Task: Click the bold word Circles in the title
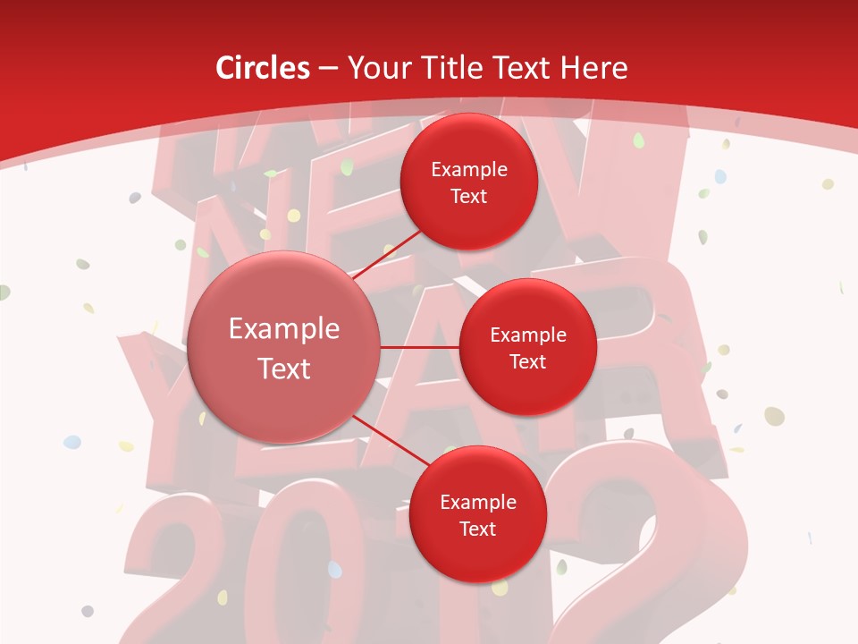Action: pos(263,68)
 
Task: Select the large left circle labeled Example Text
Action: pos(284,348)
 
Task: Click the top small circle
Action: pos(468,182)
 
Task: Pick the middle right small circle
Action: pos(527,347)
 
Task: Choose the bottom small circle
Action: pos(477,514)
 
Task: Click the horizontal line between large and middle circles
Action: pos(420,347)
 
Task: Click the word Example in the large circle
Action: pos(284,329)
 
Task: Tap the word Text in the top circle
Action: pos(468,196)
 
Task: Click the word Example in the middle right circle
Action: pos(527,335)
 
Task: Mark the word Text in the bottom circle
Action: pos(477,529)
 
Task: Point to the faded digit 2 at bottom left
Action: pos(174,572)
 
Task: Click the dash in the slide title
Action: pos(328,69)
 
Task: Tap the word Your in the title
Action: pos(374,68)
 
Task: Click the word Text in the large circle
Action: pos(284,369)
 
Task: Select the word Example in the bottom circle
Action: pos(477,502)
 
